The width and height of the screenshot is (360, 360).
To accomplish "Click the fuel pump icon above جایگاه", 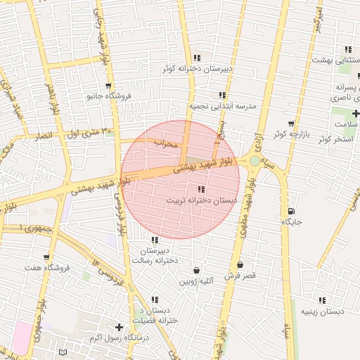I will coord(290,211).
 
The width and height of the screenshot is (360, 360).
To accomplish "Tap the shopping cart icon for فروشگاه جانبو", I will coord(108,85).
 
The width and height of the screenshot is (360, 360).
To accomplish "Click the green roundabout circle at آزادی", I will coord(255,161).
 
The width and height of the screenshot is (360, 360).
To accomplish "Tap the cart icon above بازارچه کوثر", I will coord(290,123).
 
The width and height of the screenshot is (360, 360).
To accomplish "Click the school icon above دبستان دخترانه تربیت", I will coord(202,189).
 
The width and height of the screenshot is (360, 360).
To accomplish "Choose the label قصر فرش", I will coord(240,275).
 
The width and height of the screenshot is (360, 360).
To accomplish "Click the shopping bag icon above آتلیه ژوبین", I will coord(195,271).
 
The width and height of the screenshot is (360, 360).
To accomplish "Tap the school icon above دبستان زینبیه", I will coord(322,300).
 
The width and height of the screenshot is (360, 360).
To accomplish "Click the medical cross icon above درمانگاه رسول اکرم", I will coord(119,327).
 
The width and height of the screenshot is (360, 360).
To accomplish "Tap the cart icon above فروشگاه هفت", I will coord(46,257).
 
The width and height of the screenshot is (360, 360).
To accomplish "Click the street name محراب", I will coord(168,143).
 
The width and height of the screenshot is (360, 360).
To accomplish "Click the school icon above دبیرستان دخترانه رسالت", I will coord(155,240).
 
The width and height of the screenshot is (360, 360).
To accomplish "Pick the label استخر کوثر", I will coord(333,139).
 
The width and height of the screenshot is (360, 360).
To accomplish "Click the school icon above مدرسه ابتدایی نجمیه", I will coord(222,95).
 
